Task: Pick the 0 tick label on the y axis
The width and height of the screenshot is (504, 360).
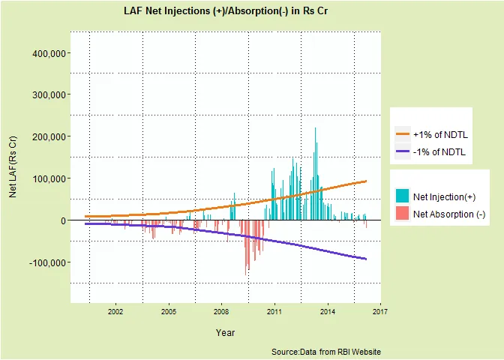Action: [x=63, y=220]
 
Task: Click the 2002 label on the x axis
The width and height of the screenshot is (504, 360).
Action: [x=115, y=312]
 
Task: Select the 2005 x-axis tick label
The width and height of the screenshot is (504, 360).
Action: [x=169, y=312]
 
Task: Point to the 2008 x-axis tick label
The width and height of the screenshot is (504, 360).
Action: [x=221, y=312]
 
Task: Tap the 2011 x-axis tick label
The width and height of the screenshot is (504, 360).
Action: [x=274, y=312]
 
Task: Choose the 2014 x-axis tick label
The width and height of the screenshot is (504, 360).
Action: [x=327, y=312]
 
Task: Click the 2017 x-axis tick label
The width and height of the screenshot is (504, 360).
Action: [x=380, y=312]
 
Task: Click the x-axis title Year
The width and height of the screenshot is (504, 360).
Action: [x=226, y=332]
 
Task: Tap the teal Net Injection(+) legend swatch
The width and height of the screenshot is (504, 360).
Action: [x=403, y=196]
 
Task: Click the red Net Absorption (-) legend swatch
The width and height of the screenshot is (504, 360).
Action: [x=403, y=214]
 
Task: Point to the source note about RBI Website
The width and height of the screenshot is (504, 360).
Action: [x=326, y=352]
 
